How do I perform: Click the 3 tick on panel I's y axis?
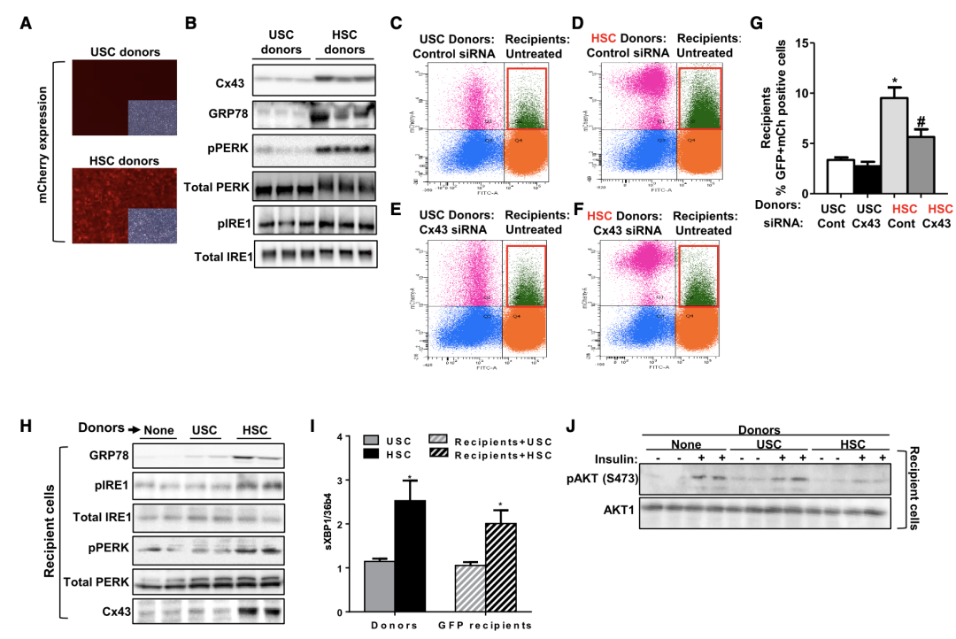point(339,480)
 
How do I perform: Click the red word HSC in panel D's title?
point(605,38)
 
